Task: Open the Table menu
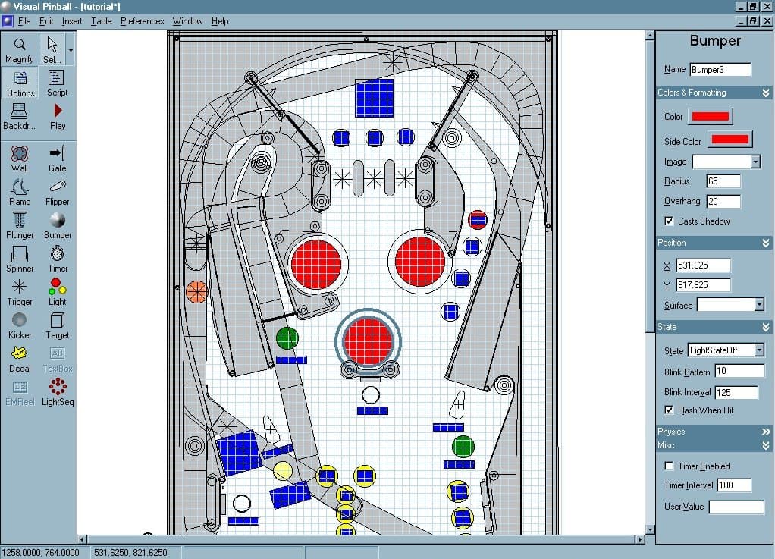coord(101,21)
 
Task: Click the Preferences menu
coord(142,21)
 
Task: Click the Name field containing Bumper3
coord(720,70)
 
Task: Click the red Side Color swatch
coord(730,140)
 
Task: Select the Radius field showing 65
coord(723,181)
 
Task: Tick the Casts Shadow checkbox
coord(668,221)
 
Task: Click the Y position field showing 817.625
coord(703,285)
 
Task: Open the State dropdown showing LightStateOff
coord(726,350)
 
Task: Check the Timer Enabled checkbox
coord(668,466)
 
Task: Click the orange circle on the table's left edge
coord(196,290)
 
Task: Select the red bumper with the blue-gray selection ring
coord(368,341)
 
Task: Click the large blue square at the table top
coord(375,98)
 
